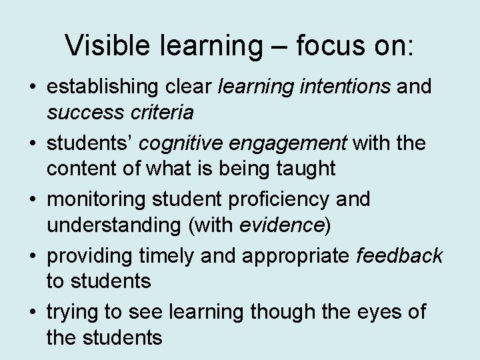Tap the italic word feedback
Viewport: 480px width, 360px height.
coord(400,255)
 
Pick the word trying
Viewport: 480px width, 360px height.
coord(71,311)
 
